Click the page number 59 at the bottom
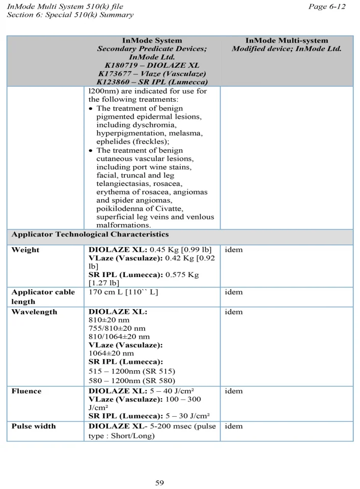coord(159,482)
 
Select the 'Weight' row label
coord(25,250)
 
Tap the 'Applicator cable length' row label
coord(43,296)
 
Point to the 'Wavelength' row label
coord(35,312)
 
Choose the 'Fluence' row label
coord(26,391)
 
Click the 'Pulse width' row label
coord(34,426)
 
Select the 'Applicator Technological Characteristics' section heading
coord(90,235)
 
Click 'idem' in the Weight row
coord(233,250)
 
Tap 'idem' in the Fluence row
coord(233,391)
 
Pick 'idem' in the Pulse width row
coord(233,426)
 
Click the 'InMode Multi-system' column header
coord(287,40)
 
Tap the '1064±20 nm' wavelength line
coord(112,353)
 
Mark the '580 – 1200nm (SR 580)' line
coord(132,381)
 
